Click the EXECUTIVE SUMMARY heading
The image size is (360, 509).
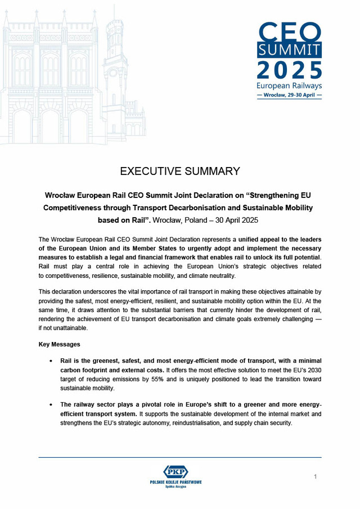[180, 171]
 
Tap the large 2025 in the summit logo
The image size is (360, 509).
[290, 69]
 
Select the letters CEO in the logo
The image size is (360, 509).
[290, 31]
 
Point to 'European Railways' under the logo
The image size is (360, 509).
[289, 85]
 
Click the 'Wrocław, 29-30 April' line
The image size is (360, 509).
[289, 95]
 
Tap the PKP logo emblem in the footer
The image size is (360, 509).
[175, 471]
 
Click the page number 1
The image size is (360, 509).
[316, 477]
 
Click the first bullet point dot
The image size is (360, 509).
[52, 360]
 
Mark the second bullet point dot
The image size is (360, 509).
[52, 404]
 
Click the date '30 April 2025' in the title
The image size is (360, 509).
[236, 220]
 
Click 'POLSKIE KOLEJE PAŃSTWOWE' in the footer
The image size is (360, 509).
[175, 482]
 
